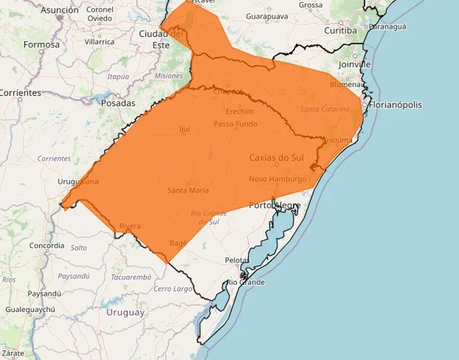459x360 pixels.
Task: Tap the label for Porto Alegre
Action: [274, 205]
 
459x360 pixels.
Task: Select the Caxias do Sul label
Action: [277, 158]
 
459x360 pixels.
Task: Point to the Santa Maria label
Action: [188, 190]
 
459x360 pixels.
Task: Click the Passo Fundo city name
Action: [235, 124]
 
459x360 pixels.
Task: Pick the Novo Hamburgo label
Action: [277, 179]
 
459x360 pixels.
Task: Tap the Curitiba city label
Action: [341, 31]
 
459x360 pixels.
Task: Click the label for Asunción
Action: [59, 10]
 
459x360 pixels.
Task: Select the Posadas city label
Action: [118, 103]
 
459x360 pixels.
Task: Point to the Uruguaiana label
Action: [78, 181]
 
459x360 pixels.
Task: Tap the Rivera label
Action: [130, 226]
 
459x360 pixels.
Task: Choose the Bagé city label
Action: [178, 243]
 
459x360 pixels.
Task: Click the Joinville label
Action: [355, 64]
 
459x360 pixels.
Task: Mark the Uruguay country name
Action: [125, 313]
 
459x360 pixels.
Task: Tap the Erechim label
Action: [239, 112]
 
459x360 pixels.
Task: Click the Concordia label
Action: [47, 245]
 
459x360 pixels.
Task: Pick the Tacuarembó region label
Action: [131, 277]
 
